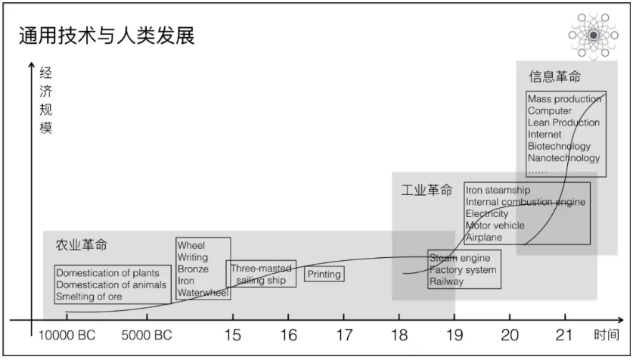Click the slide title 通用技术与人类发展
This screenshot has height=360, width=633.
pos(106,36)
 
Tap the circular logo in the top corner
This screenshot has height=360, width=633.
pos(594,35)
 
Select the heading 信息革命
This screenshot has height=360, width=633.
pos(554,77)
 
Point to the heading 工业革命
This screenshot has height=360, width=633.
pos(427,190)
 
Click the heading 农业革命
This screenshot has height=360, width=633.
pos(81,246)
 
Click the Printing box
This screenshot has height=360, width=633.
pos(324,275)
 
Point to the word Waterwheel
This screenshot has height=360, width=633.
pos(202,293)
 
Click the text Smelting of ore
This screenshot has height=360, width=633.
pos(88,296)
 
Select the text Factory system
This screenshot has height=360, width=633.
pos(463,270)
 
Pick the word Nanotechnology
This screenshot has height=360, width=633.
pos(563,158)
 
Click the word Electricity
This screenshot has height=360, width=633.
pos(487,214)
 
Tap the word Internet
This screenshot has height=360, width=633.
pos(545,135)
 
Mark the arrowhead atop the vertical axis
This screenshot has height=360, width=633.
pos(31,67)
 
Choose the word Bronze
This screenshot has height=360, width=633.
pos(193,268)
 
